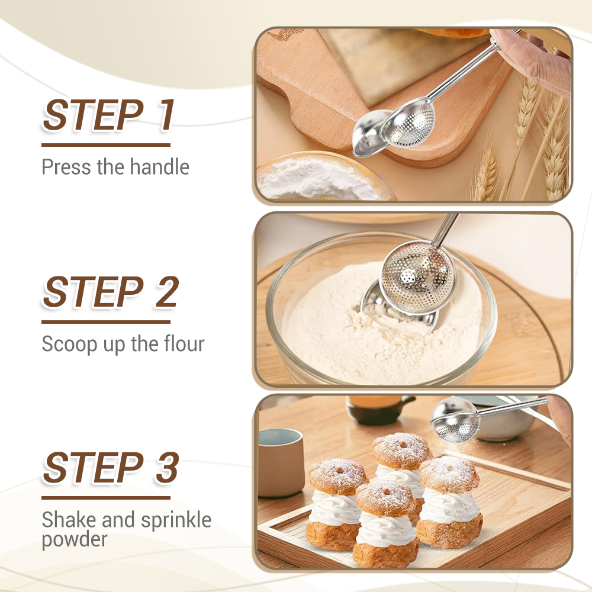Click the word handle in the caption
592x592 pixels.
click(159, 167)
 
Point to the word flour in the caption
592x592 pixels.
click(181, 344)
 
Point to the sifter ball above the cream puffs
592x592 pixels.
click(455, 420)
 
